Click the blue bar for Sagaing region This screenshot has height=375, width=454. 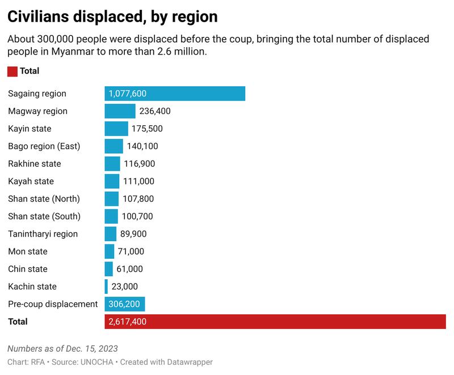175,94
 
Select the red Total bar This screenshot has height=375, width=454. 275,322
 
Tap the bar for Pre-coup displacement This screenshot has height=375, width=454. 125,304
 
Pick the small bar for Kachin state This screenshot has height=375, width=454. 106,286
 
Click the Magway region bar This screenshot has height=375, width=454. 120,111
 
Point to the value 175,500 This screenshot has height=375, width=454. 147,129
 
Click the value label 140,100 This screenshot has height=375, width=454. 142,146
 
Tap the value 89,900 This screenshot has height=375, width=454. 137,234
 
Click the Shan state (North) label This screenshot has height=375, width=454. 44,199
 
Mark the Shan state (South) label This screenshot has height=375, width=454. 44,216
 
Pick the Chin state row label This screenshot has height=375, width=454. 28,269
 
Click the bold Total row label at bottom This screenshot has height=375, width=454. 18,322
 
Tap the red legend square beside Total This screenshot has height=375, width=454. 12,71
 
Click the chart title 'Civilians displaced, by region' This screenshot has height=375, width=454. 112,17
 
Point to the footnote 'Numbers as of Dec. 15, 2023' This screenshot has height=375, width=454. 62,348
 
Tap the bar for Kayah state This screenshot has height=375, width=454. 112,182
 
